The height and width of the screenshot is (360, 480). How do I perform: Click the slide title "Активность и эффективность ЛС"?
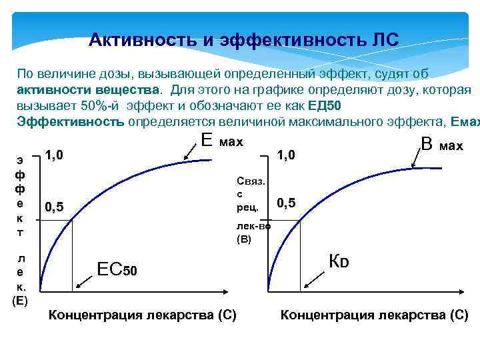(243, 40)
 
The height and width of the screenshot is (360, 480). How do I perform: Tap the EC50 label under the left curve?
(117, 269)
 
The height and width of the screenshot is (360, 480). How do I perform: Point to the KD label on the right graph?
(339, 261)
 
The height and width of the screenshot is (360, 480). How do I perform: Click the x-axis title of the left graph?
(143, 315)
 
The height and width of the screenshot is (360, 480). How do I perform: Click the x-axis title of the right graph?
(374, 315)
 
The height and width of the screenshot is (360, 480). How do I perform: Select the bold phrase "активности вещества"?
(89, 89)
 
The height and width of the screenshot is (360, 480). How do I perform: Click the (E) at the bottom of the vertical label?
(19, 300)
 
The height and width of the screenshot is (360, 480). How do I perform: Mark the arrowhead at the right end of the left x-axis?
(231, 292)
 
